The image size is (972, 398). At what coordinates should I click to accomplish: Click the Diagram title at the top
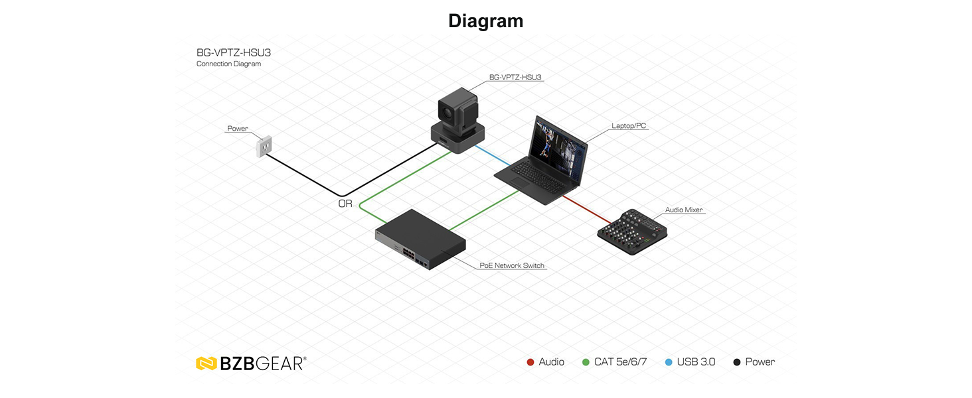click(x=485, y=21)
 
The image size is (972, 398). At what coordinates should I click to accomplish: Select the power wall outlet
click(x=264, y=146)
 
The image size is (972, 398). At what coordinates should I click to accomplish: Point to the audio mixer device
click(x=632, y=232)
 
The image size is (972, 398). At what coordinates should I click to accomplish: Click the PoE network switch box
click(x=420, y=239)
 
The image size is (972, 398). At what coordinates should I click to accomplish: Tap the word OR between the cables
click(x=345, y=204)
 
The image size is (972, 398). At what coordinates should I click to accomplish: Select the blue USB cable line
click(x=493, y=156)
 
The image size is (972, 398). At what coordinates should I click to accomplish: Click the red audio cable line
click(x=587, y=210)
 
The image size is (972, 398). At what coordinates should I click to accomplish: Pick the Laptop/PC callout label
click(x=629, y=126)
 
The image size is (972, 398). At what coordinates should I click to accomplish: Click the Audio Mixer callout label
click(x=684, y=210)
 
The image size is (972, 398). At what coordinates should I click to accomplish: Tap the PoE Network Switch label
click(x=512, y=265)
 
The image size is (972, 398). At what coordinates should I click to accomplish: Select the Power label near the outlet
click(x=238, y=128)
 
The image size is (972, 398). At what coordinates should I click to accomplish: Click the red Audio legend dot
click(x=530, y=362)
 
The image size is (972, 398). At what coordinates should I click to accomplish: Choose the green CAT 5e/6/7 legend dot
click(x=586, y=362)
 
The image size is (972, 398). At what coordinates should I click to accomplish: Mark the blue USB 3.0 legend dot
click(x=669, y=362)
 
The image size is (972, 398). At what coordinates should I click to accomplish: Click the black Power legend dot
click(x=737, y=362)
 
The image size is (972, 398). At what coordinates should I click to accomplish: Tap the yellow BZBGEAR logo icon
click(x=206, y=364)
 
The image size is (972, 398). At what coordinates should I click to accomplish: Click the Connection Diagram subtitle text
click(x=228, y=64)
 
